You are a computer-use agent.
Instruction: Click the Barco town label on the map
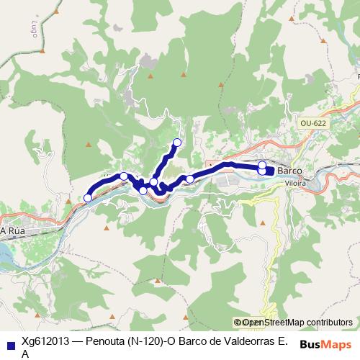289,171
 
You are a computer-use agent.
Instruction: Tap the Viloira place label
296,184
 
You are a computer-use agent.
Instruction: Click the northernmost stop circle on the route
178,142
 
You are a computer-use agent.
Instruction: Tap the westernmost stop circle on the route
88,197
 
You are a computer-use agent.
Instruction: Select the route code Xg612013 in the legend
45,342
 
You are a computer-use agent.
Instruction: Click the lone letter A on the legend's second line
25,354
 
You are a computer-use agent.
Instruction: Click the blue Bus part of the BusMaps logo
310,343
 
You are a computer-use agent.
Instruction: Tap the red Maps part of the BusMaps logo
336,343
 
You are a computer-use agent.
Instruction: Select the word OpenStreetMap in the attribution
272,323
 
